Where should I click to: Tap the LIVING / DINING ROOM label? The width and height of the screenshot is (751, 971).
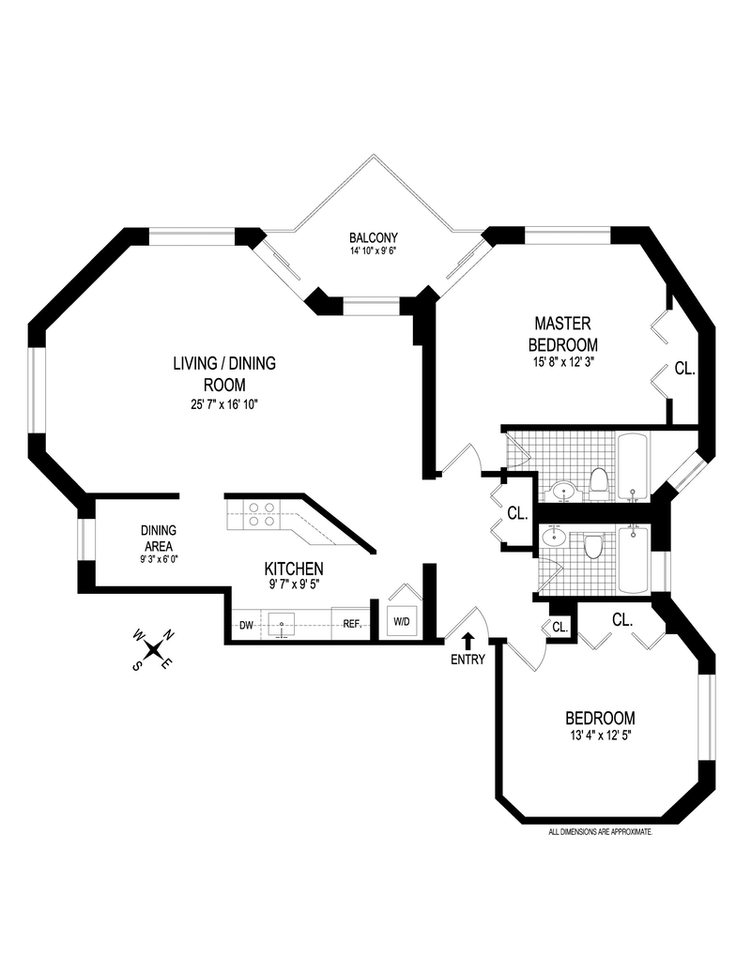click(x=223, y=373)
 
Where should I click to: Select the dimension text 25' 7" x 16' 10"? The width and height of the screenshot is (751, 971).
click(x=223, y=404)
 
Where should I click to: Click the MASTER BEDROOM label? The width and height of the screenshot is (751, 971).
click(x=562, y=333)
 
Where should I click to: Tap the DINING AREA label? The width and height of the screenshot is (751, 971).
click(x=159, y=538)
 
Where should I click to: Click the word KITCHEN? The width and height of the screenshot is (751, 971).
click(x=294, y=569)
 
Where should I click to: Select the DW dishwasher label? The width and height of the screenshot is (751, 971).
click(x=246, y=625)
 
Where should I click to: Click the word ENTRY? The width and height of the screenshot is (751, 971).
click(x=467, y=660)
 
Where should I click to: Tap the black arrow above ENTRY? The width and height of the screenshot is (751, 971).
click(x=467, y=641)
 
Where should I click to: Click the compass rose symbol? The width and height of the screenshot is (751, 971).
click(x=152, y=648)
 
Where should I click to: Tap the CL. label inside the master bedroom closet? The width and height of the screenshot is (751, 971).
click(x=684, y=369)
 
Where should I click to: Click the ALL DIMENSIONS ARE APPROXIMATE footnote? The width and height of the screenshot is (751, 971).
click(x=600, y=832)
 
